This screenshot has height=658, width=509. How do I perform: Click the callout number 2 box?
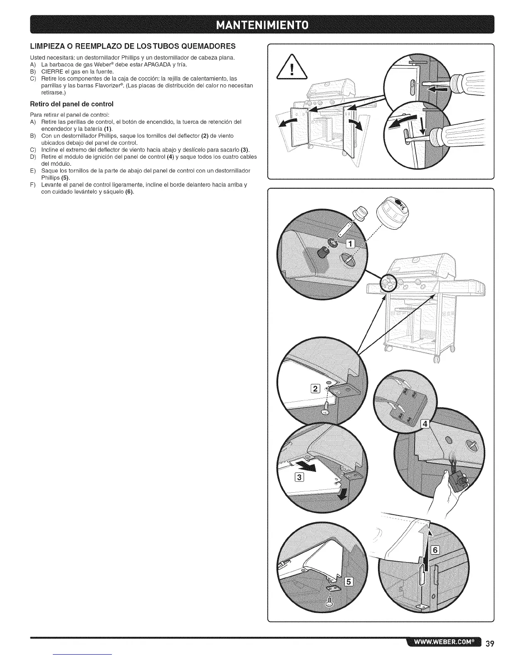click(x=316, y=389)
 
